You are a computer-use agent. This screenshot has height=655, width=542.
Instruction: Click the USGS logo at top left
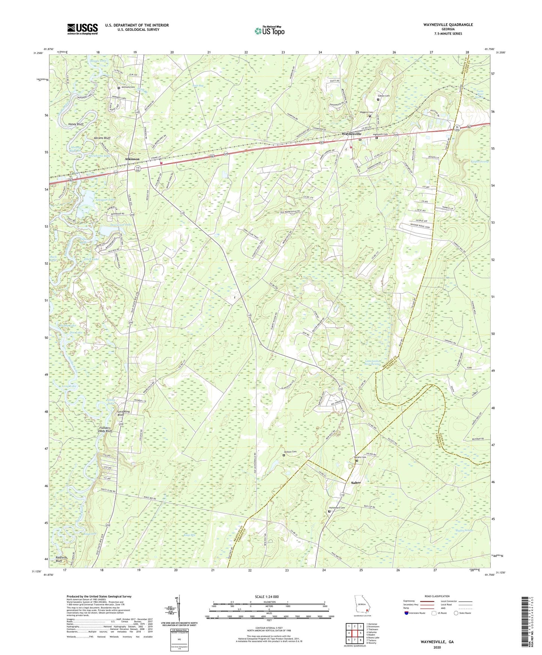(83, 29)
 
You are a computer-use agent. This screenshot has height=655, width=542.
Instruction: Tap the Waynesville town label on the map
(351, 134)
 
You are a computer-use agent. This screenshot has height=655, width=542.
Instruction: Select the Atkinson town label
(132, 159)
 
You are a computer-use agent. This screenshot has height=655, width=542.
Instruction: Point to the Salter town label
(356, 483)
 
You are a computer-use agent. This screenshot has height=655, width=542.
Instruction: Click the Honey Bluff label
(76, 124)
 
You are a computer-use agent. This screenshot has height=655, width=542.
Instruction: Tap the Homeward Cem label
(337, 508)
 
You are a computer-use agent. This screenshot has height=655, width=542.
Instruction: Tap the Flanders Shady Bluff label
(103, 430)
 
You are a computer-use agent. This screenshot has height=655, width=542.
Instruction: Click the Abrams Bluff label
(102, 138)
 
